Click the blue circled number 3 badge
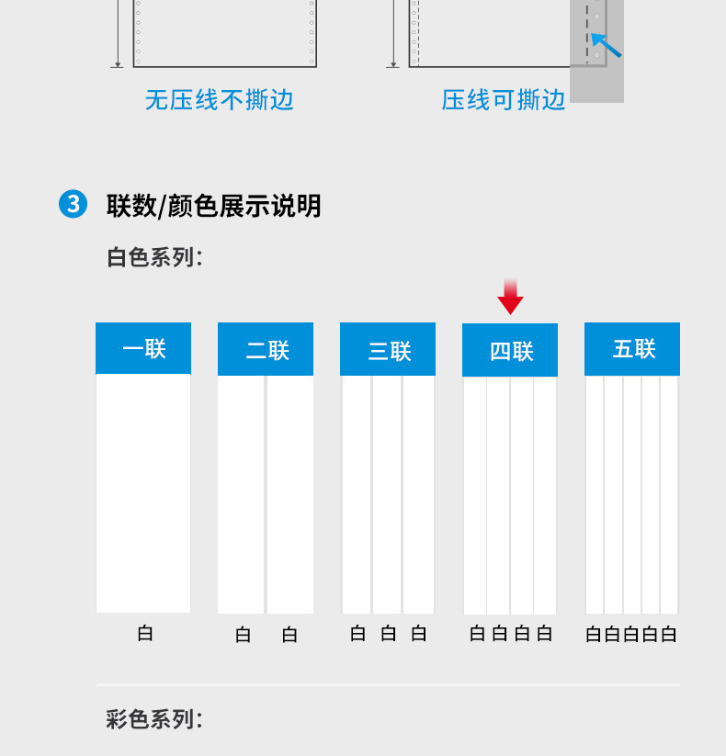(x=74, y=204)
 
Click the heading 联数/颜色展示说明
(x=213, y=205)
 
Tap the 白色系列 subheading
(x=154, y=257)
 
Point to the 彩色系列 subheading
(x=154, y=719)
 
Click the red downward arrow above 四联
(x=510, y=298)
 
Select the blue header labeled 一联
(x=143, y=348)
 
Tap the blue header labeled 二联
(x=266, y=349)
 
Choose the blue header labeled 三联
(x=388, y=349)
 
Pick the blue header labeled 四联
(x=510, y=350)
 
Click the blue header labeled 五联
(x=632, y=349)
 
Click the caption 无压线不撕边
(x=219, y=99)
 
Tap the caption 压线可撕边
(x=504, y=99)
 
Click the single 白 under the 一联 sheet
(x=145, y=633)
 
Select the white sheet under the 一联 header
(x=143, y=493)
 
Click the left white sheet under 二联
(x=241, y=494)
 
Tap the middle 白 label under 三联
(x=389, y=633)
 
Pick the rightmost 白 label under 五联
(x=669, y=634)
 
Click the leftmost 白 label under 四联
(x=477, y=633)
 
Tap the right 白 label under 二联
(x=289, y=634)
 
